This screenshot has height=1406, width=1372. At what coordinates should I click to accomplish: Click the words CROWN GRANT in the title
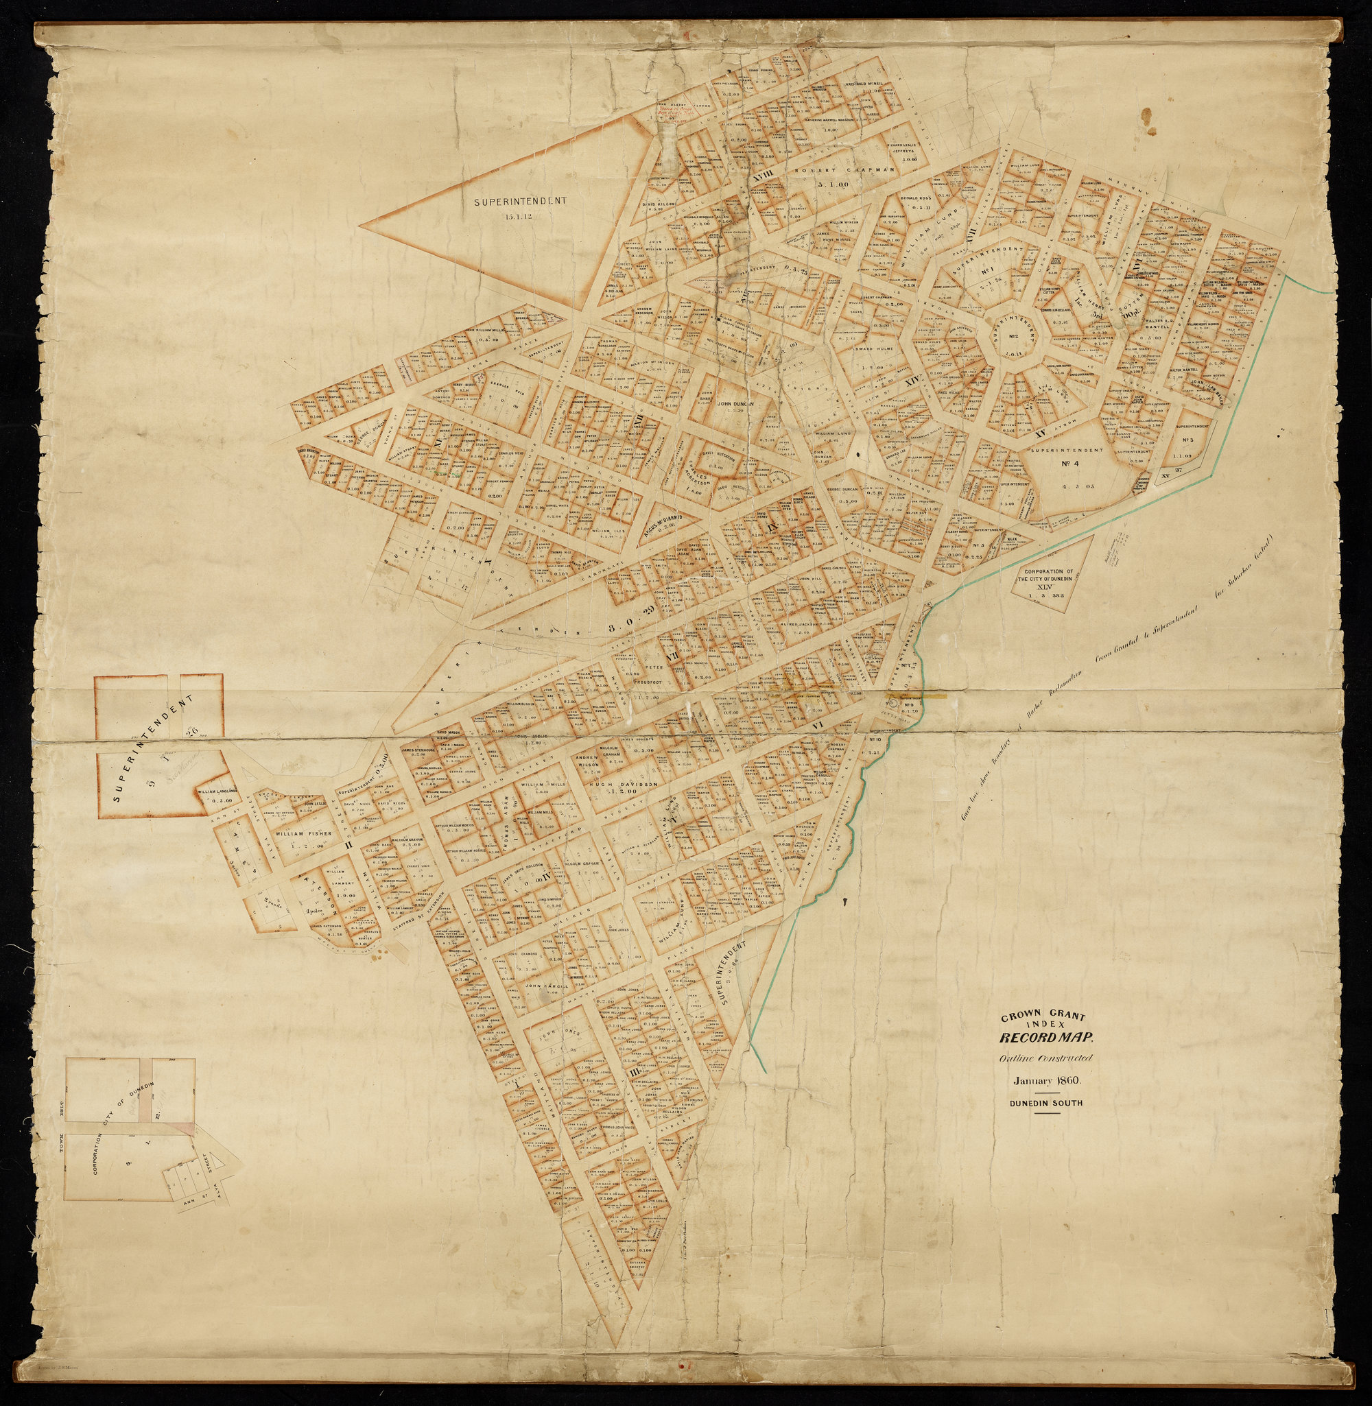(1045, 1018)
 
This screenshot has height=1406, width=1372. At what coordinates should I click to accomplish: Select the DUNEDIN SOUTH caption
(1046, 1102)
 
